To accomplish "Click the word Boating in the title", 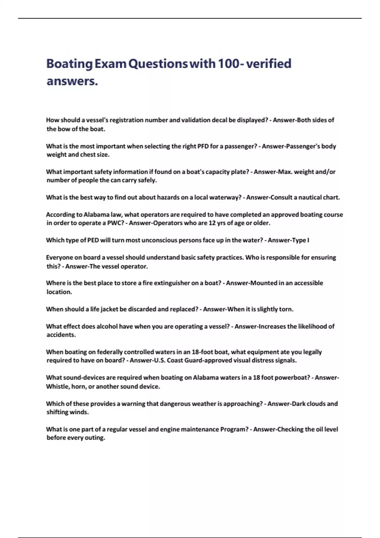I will click(x=69, y=64).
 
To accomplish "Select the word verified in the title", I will click(x=269, y=64).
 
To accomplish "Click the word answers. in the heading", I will click(x=72, y=81).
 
